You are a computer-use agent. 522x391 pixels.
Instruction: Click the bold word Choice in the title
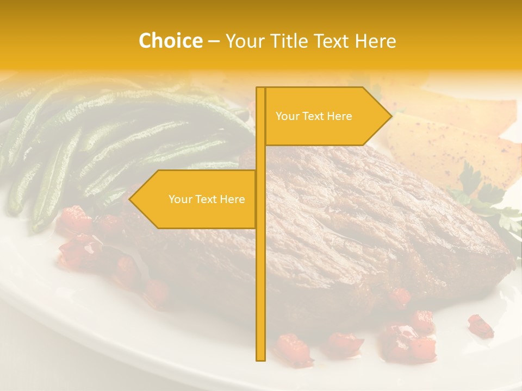(x=170, y=41)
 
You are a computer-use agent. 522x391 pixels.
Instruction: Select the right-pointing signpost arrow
(x=326, y=116)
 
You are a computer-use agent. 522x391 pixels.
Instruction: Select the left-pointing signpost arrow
(x=196, y=199)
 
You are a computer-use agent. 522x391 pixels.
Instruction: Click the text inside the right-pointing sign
(x=314, y=116)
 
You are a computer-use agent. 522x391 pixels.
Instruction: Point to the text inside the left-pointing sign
(x=207, y=199)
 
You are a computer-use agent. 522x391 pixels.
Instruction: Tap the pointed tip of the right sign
(x=390, y=116)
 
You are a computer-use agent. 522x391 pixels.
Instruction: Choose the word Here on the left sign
(x=232, y=199)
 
